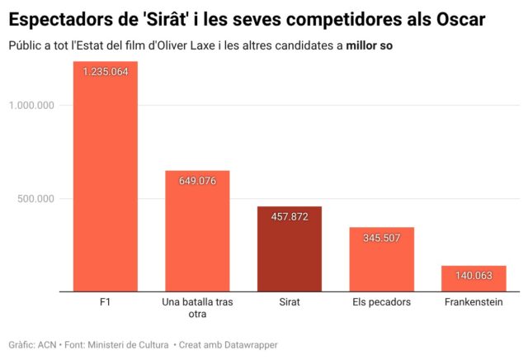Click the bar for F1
tap(105, 177)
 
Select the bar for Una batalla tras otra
tap(197, 231)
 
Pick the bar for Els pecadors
tap(381, 259)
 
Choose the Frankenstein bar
tap(474, 279)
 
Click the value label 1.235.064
tap(105, 72)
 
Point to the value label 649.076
tap(197, 181)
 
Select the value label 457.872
tap(289, 216)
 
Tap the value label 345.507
tap(381, 238)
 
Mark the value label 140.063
tap(474, 276)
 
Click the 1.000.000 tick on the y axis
tap(31, 105)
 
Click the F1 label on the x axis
tap(105, 302)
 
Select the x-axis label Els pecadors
tap(381, 302)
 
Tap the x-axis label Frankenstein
tap(474, 302)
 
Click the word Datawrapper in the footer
tap(252, 343)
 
